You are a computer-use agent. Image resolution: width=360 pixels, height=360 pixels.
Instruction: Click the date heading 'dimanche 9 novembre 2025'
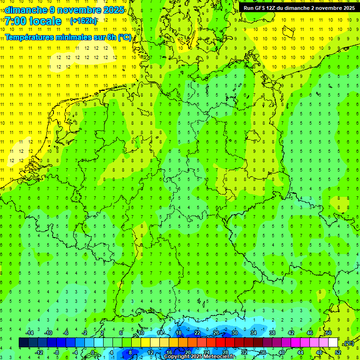click(65, 10)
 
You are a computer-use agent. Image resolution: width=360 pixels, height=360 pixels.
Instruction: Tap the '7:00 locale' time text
click(33, 21)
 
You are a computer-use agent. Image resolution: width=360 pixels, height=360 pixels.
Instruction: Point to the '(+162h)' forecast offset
click(83, 21)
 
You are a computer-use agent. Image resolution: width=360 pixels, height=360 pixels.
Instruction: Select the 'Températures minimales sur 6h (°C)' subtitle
click(68, 37)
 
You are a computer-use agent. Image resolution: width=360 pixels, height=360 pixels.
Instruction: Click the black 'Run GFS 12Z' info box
click(299, 8)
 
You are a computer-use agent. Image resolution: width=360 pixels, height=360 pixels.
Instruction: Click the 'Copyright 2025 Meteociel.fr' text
click(199, 357)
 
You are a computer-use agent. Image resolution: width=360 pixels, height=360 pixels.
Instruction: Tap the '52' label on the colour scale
click(338, 352)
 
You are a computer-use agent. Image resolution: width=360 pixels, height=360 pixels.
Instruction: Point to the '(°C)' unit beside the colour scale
click(348, 344)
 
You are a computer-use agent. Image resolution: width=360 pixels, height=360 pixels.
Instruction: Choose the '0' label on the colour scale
click(93, 352)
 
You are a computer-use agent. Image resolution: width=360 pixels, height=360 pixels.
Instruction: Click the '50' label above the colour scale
click(329, 333)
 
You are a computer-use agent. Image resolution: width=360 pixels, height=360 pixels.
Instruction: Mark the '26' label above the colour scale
click(216, 333)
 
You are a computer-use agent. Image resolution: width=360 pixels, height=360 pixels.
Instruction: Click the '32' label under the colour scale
click(244, 352)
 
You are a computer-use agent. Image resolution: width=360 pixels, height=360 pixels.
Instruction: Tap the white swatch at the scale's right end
click(333, 343)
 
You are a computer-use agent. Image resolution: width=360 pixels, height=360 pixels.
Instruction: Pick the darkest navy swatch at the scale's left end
click(23, 343)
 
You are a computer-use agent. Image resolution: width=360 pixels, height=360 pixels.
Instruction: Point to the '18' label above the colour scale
click(179, 333)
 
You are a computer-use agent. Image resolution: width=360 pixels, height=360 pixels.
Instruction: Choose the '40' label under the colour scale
click(282, 352)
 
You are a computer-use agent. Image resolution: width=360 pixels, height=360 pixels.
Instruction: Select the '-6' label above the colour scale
click(66, 333)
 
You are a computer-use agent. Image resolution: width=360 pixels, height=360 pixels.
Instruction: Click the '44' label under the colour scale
click(300, 352)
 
